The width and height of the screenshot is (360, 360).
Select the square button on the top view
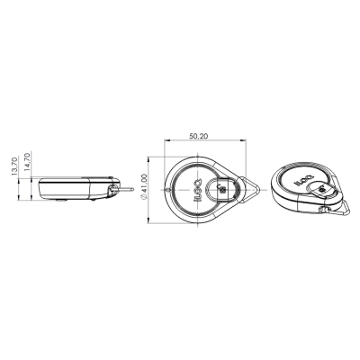220,190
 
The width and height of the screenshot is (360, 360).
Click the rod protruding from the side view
131,190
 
